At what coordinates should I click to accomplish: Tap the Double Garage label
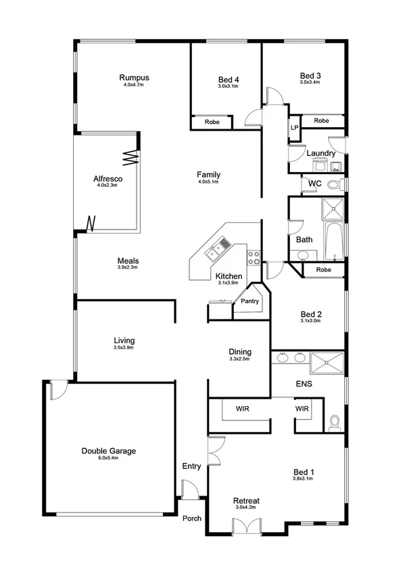(109, 450)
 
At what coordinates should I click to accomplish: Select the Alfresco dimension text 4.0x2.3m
(107, 186)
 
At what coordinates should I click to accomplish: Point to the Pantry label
(250, 301)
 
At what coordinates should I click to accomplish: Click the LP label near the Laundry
(294, 127)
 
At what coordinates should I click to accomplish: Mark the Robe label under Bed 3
(321, 120)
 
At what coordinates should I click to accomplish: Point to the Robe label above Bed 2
(324, 270)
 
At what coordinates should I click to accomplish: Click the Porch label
(192, 518)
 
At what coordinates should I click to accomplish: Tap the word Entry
(191, 466)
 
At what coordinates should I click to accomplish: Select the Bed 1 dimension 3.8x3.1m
(302, 479)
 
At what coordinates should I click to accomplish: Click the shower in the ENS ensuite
(327, 363)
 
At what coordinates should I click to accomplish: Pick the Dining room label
(239, 351)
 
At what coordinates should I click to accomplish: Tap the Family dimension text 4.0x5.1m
(209, 181)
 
